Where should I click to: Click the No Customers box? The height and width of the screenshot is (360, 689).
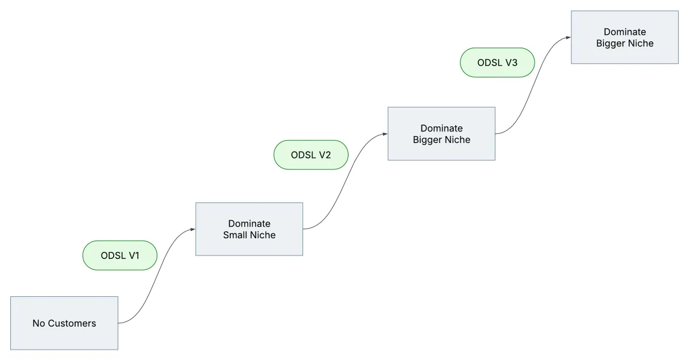click(x=64, y=323)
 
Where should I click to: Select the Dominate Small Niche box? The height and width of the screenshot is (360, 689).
click(x=249, y=229)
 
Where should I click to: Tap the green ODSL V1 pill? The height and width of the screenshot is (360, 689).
click(x=120, y=256)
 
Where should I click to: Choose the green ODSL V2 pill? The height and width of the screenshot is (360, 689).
click(x=311, y=155)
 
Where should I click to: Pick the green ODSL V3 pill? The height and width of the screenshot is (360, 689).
click(x=497, y=63)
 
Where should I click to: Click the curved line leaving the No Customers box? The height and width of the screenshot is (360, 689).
click(x=157, y=276)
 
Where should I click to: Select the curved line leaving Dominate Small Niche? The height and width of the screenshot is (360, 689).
click(x=345, y=181)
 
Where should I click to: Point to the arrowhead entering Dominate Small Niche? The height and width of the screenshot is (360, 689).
click(x=193, y=229)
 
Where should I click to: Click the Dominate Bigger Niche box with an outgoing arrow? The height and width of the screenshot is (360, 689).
click(x=442, y=134)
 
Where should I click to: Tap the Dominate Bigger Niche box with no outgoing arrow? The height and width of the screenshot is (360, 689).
click(x=625, y=37)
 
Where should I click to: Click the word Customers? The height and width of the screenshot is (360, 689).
click(x=72, y=323)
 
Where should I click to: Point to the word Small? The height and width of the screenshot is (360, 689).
click(x=234, y=235)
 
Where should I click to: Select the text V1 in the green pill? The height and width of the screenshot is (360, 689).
click(x=134, y=256)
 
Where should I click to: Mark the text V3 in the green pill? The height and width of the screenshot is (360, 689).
click(x=511, y=63)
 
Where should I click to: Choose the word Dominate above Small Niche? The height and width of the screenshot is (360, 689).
click(x=249, y=223)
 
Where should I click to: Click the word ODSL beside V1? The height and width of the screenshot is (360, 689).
click(x=113, y=256)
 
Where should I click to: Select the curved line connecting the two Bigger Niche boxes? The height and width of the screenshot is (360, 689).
click(x=533, y=86)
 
